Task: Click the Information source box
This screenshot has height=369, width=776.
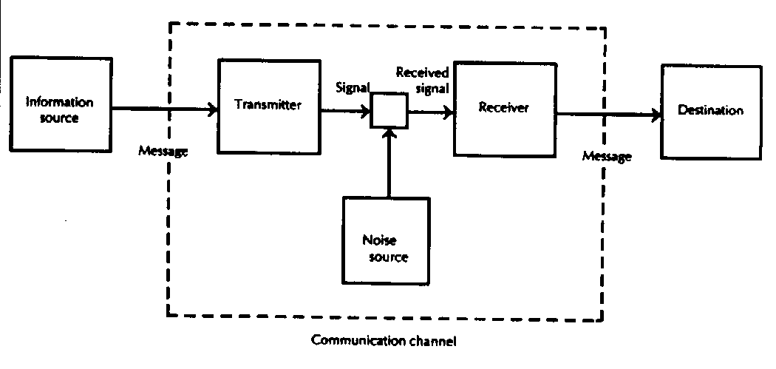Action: [60, 107]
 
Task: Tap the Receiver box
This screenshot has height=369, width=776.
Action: [504, 108]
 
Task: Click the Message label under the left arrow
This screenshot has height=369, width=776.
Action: [163, 152]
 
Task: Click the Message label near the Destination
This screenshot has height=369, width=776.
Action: [607, 157]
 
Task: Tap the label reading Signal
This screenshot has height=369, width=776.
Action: [353, 87]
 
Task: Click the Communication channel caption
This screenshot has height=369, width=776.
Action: [384, 342]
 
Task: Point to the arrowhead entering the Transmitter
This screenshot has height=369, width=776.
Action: [214, 110]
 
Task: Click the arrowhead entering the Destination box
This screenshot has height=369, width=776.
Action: [656, 115]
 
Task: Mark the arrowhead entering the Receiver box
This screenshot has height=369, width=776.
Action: [448, 113]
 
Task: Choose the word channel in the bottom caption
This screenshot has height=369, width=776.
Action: [435, 342]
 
